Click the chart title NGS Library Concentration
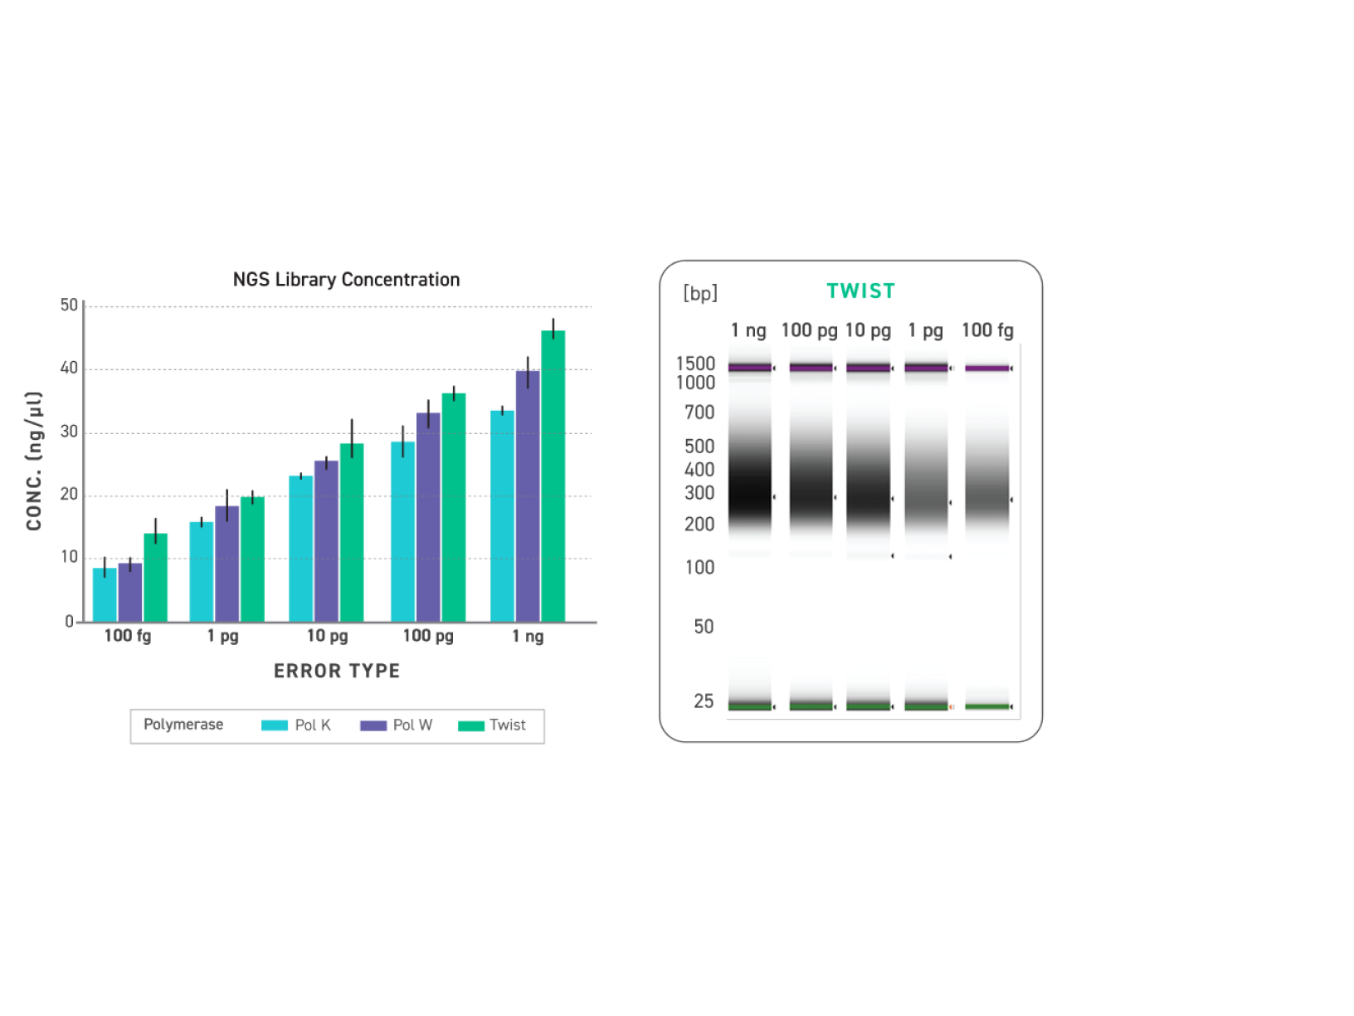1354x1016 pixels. click(x=346, y=280)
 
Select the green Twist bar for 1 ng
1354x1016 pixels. click(x=553, y=476)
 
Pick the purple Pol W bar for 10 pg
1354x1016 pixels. click(x=326, y=541)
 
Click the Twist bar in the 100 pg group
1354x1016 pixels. click(x=453, y=507)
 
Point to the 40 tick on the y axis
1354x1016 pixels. click(x=69, y=368)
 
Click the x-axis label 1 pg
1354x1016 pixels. click(x=222, y=636)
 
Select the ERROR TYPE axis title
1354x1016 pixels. click(x=337, y=671)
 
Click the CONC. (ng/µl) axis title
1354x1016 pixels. click(x=34, y=461)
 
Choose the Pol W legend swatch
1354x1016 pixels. click(x=373, y=725)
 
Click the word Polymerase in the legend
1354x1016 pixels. click(x=183, y=725)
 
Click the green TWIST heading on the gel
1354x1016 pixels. click(x=860, y=291)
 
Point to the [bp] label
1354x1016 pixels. click(x=699, y=293)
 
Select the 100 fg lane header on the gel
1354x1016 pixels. click(x=987, y=330)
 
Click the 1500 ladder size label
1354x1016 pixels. click(x=695, y=364)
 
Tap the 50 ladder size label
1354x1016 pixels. click(x=704, y=627)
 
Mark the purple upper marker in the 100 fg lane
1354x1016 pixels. click(x=987, y=368)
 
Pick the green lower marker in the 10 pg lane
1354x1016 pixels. click(x=868, y=706)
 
